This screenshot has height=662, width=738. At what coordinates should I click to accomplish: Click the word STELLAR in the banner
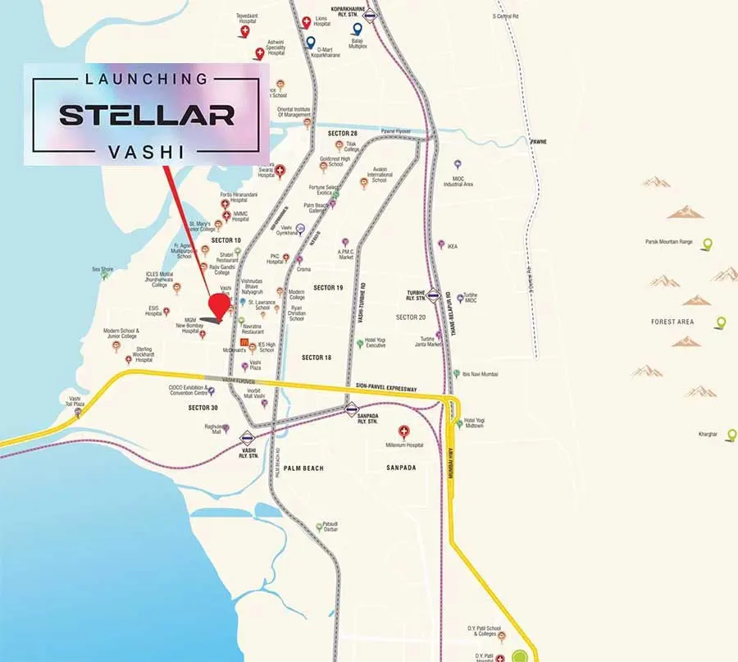pos(147,114)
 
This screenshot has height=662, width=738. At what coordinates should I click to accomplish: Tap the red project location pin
pos(220,304)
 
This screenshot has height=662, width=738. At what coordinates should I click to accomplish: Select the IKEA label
pos(453,246)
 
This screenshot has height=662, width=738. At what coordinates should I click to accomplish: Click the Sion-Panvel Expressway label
pos(385,387)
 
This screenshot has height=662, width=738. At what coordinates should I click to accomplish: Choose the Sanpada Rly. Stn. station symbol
pos(352,409)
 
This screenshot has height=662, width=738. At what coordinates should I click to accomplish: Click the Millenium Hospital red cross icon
pos(403,431)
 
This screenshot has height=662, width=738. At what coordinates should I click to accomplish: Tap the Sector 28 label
pos(342,133)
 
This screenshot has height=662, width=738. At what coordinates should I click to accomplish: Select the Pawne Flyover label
pos(396,131)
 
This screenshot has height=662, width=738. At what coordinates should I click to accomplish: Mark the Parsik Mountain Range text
pos(669,242)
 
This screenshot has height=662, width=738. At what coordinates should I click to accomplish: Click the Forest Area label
pos(672,322)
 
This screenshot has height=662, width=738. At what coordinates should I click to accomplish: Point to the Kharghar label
pos(708,432)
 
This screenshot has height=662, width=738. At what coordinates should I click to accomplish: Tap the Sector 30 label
pos(203,408)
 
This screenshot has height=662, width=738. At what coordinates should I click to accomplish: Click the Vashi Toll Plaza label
pos(74,401)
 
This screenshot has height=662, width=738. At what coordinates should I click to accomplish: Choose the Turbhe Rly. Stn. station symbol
pos(434,295)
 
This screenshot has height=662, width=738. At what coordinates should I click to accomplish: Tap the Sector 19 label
pos(328,288)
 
